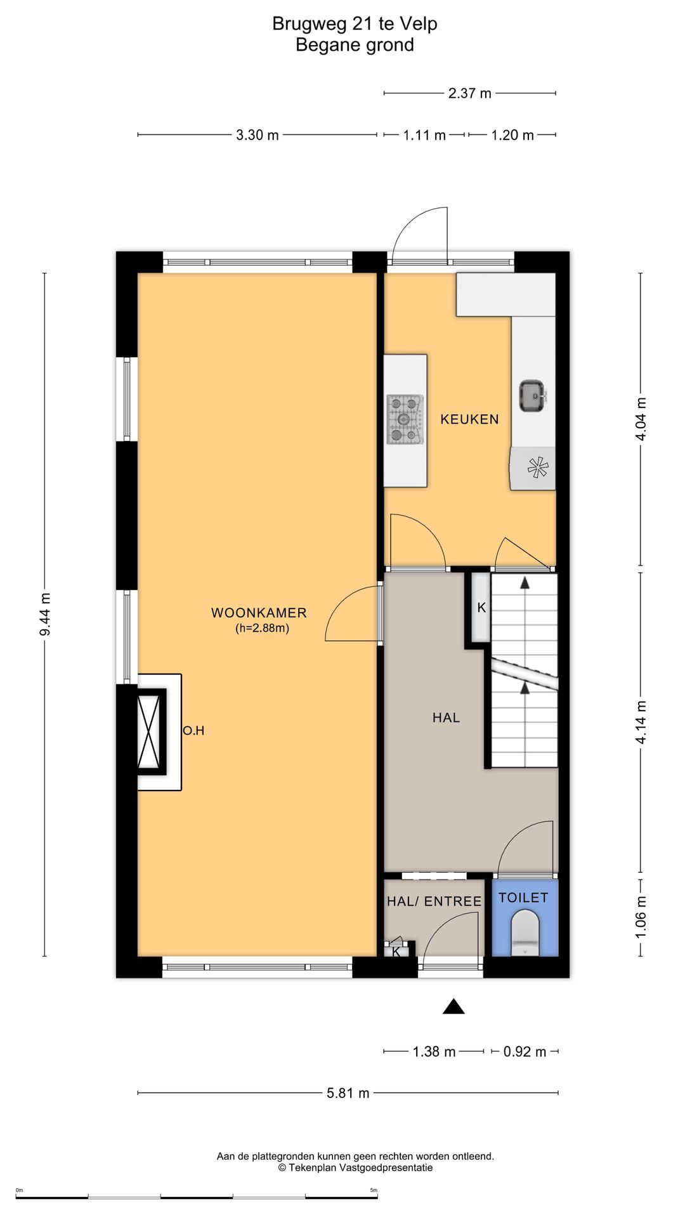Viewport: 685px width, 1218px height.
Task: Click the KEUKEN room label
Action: [469, 419]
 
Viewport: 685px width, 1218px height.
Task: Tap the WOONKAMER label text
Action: [259, 613]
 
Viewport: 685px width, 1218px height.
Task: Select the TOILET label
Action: [523, 898]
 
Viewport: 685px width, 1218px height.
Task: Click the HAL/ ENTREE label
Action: [434, 901]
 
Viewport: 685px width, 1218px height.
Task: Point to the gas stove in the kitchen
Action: [405, 419]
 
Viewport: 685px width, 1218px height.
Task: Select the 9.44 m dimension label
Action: [44, 614]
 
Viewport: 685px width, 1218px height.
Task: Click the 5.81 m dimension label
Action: [348, 1093]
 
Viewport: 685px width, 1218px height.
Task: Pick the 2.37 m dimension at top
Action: [470, 93]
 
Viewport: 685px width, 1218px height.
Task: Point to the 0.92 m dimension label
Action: [525, 1052]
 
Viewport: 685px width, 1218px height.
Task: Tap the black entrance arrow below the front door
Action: [453, 1006]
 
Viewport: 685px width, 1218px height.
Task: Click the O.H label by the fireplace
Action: [193, 731]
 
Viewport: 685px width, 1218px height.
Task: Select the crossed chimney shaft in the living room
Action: [152, 731]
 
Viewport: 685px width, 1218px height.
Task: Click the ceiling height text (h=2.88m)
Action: [262, 629]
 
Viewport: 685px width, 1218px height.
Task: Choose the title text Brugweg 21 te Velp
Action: [355, 23]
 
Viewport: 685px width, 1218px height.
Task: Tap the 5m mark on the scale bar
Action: [374, 1190]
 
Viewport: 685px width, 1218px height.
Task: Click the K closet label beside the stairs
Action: [481, 608]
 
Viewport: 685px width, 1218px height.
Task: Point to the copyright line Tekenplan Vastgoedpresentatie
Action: [355, 1167]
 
